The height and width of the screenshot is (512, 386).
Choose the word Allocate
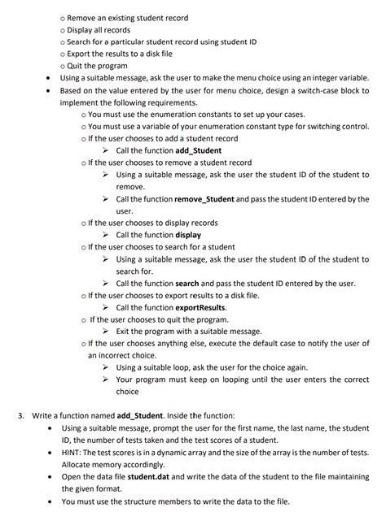click(78, 464)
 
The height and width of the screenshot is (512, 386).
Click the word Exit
click(125, 331)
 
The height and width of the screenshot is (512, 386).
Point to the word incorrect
click(120, 355)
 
